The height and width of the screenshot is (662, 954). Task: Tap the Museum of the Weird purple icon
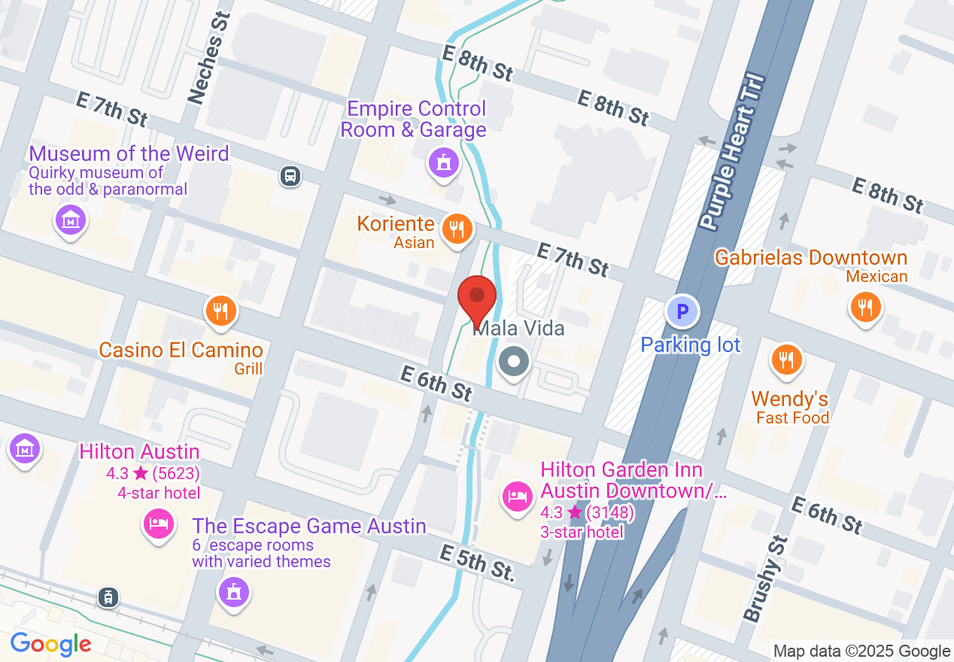71,220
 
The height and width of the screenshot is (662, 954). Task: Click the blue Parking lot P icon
682,311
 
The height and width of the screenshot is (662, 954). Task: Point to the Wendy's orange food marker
786,360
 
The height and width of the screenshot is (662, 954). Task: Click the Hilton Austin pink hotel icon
158,523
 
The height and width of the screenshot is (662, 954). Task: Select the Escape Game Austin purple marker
234,591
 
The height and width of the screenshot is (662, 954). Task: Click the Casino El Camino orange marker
220,310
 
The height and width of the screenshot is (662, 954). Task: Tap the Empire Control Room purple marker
444,162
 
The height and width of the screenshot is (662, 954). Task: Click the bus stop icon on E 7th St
290,177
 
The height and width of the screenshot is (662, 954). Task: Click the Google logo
50,644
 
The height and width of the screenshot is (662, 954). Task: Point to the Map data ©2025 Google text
861,651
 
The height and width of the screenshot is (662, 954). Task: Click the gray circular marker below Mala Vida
515,363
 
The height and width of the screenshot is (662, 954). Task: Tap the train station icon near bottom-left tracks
109,598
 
